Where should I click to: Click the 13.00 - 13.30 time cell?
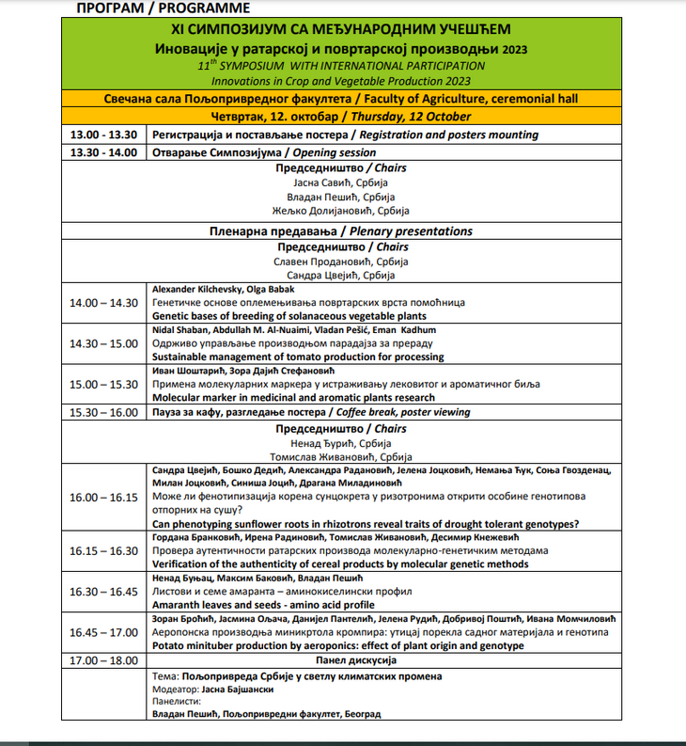[103, 135]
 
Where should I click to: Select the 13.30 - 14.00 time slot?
[103, 152]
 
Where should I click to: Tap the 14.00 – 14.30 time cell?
[103, 303]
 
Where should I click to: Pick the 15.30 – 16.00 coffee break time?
[103, 412]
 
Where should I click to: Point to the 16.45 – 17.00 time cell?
[103, 632]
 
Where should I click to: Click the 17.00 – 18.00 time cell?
[103, 661]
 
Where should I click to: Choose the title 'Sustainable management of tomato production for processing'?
[298, 357]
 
